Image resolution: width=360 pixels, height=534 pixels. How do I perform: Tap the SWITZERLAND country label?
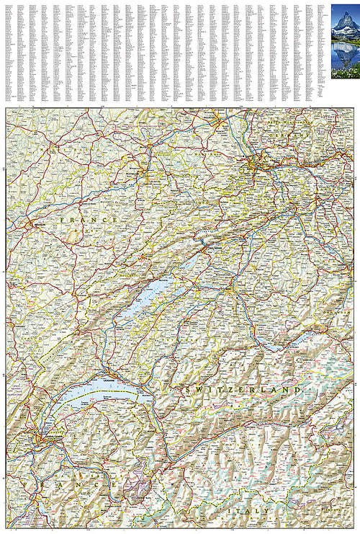tap(243, 389)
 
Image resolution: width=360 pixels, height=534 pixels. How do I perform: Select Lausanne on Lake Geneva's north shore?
tap(109, 376)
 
